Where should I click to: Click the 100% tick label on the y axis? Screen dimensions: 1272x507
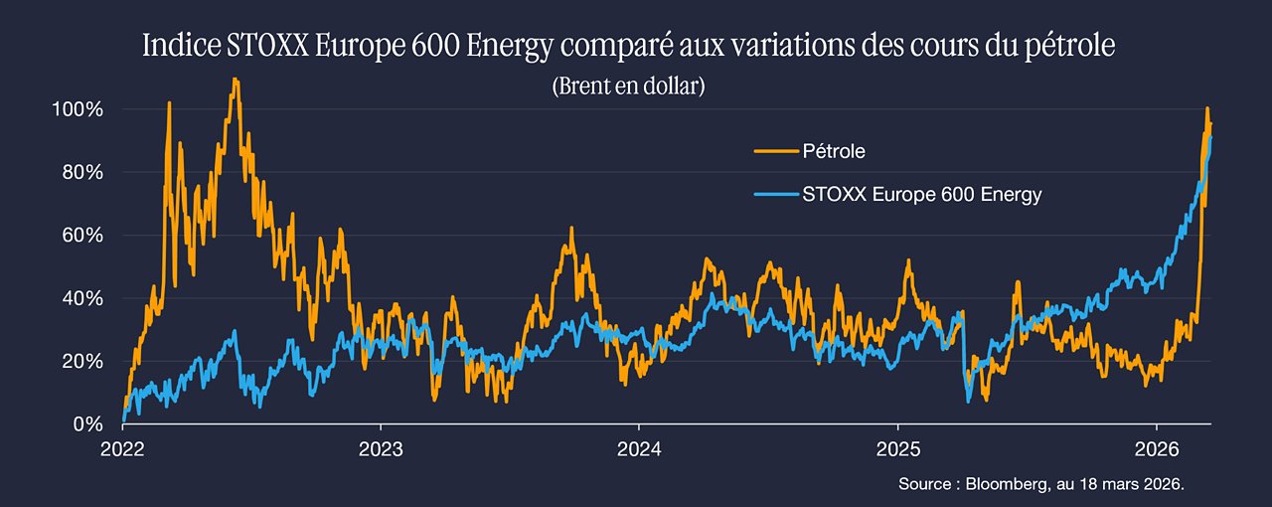point(78,109)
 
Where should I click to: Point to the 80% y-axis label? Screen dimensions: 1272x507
point(82,172)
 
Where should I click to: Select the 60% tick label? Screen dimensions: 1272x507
point(82,236)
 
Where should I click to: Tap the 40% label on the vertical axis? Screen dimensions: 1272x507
point(82,298)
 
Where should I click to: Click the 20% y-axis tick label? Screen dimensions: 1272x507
point(82,362)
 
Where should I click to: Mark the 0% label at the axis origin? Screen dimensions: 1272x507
point(88,424)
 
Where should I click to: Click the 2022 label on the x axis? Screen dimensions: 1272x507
point(122,449)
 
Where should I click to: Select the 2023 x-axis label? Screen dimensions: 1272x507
point(381,449)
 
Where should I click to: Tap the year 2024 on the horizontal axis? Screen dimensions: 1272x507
point(639,449)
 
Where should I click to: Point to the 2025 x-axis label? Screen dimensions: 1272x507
point(898,449)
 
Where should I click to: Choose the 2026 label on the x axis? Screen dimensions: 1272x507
point(1157,449)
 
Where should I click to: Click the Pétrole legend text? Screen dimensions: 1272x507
point(834,151)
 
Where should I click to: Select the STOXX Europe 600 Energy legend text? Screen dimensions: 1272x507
point(921,195)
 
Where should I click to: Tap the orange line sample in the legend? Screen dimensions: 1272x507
point(776,151)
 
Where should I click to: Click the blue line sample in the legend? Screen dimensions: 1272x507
point(776,195)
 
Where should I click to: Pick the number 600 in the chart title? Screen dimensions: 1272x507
point(435,46)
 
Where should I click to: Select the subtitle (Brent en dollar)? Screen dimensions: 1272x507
point(629,85)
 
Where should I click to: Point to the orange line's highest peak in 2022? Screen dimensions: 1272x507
point(236,79)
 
